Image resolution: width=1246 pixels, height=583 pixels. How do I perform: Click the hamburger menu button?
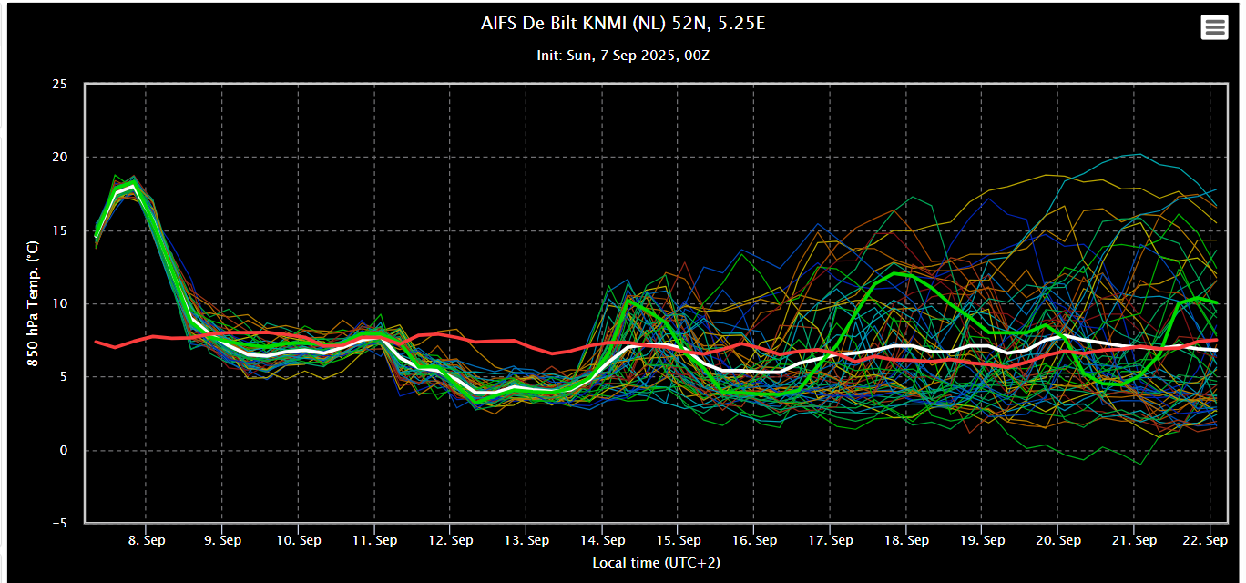tap(1214, 27)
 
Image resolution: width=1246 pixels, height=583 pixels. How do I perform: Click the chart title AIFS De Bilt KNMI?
tap(623, 24)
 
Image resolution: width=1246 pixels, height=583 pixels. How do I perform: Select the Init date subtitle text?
tap(623, 56)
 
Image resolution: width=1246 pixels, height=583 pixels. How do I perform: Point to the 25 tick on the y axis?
tap(59, 84)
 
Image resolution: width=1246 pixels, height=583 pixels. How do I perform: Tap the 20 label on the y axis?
tap(59, 158)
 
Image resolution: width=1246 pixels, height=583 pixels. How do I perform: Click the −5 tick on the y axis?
tap(59, 524)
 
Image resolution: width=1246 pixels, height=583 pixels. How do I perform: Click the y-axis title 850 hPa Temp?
tap(32, 303)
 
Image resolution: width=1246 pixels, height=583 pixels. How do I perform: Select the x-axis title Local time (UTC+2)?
tap(656, 563)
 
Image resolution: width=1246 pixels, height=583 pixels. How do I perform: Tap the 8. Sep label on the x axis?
tap(146, 540)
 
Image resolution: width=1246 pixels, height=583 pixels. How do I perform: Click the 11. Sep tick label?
tap(374, 540)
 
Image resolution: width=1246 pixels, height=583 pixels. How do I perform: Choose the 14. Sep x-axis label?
tap(602, 540)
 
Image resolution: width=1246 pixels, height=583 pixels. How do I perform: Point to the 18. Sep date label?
tap(906, 540)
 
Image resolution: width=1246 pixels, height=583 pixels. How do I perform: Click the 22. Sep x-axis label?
tap(1210, 540)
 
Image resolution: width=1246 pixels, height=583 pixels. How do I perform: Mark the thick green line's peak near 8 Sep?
tap(134, 186)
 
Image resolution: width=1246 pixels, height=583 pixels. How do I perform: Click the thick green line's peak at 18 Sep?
tap(897, 272)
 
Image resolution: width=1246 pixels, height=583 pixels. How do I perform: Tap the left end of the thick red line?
tap(96, 342)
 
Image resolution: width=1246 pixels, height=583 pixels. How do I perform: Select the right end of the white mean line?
tap(1217, 350)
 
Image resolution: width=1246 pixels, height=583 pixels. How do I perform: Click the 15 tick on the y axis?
tap(59, 230)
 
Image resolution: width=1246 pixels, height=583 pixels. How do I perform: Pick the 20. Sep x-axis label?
tap(1058, 540)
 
